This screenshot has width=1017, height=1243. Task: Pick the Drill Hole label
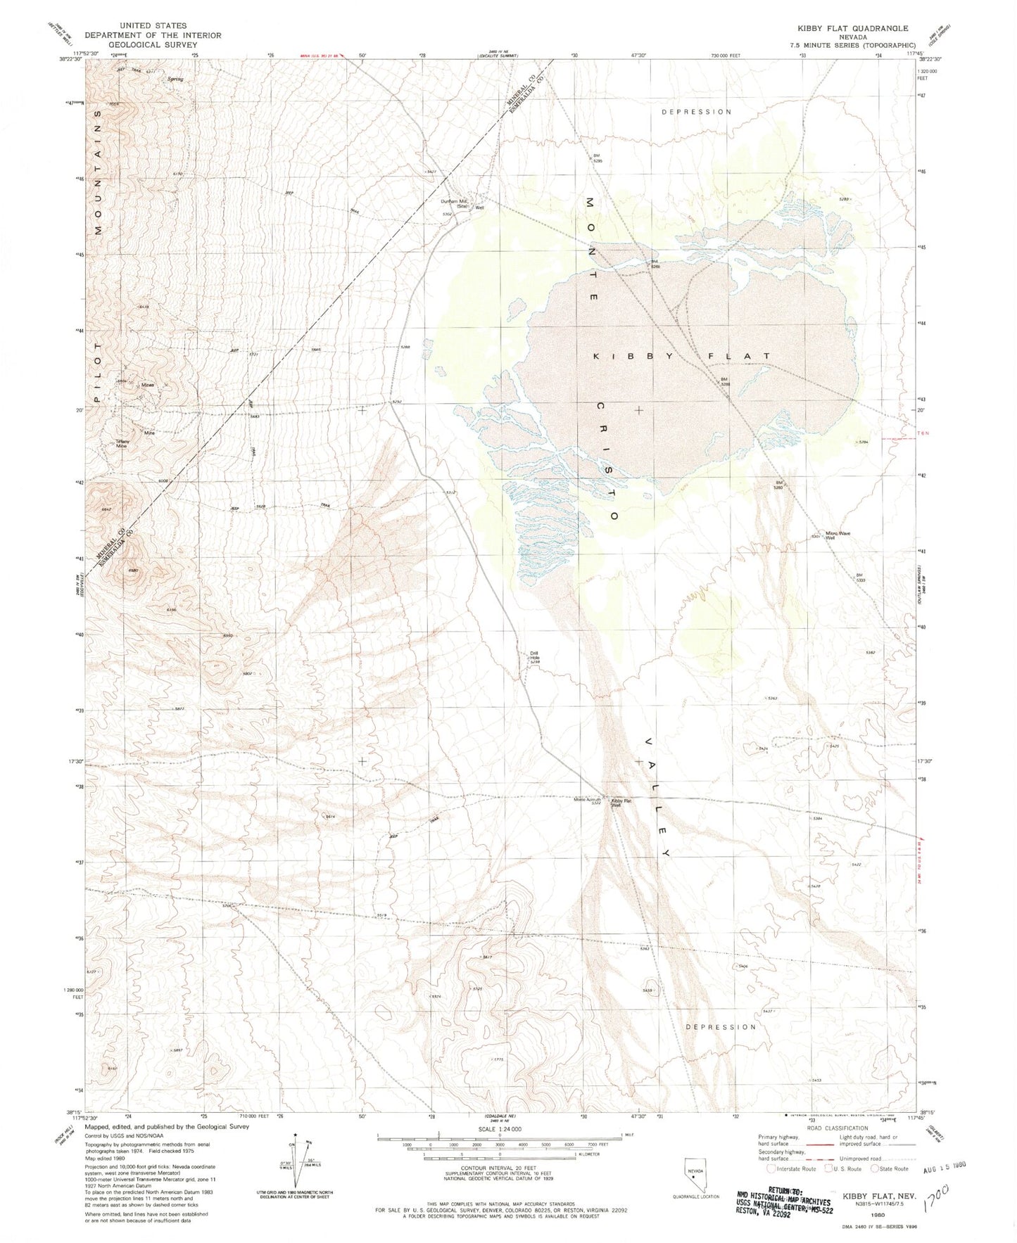click(x=535, y=657)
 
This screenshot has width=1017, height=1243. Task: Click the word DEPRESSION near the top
click(x=697, y=112)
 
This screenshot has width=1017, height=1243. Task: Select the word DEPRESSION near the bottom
click(x=721, y=1027)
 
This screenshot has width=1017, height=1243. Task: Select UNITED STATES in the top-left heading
click(x=153, y=25)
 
